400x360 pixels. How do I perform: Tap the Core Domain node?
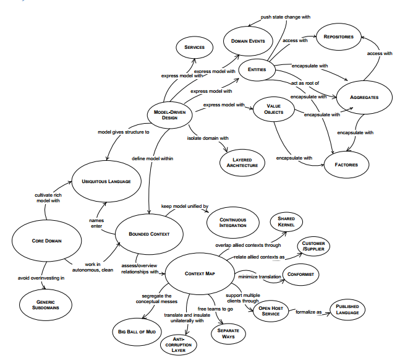point(46,240)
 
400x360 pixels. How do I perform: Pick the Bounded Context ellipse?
point(148,234)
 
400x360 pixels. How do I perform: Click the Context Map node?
point(199,273)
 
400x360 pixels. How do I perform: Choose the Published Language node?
point(347,310)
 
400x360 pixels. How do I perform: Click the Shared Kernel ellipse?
point(286,221)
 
